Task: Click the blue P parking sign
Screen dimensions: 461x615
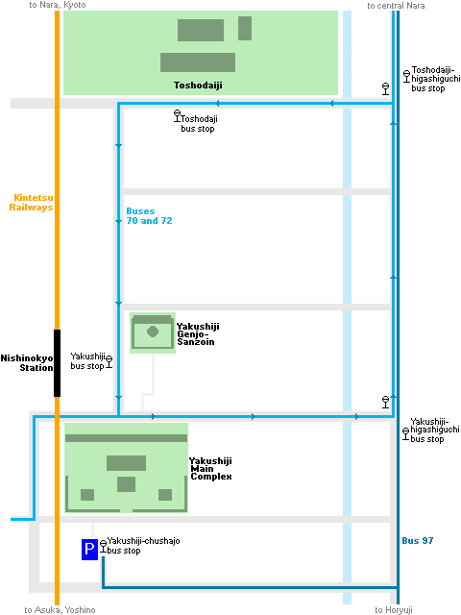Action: tap(89, 550)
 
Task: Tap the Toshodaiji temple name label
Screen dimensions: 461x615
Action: tap(198, 86)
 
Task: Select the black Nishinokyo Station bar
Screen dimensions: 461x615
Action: tap(57, 363)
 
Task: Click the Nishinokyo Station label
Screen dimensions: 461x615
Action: tap(27, 363)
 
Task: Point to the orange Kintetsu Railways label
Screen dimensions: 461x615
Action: tap(31, 203)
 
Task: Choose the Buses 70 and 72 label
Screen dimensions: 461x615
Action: tap(149, 215)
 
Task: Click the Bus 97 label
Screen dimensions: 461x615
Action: tap(418, 540)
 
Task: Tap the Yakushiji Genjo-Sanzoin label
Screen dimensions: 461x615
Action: tap(198, 333)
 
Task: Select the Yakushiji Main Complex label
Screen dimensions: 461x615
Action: tap(211, 468)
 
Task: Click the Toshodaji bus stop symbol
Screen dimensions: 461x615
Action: tap(177, 115)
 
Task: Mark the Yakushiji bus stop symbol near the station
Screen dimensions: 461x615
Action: tap(109, 361)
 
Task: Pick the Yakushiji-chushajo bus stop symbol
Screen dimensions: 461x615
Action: tap(103, 547)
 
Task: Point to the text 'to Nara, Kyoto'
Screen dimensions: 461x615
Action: tap(58, 5)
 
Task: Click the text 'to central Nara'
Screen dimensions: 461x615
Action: tap(396, 6)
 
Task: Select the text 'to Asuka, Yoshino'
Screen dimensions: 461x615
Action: tap(60, 610)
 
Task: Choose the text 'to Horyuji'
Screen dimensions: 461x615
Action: tap(394, 610)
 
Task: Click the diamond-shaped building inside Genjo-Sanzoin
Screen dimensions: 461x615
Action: tap(153, 332)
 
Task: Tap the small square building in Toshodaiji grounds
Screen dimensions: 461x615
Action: tap(245, 28)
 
